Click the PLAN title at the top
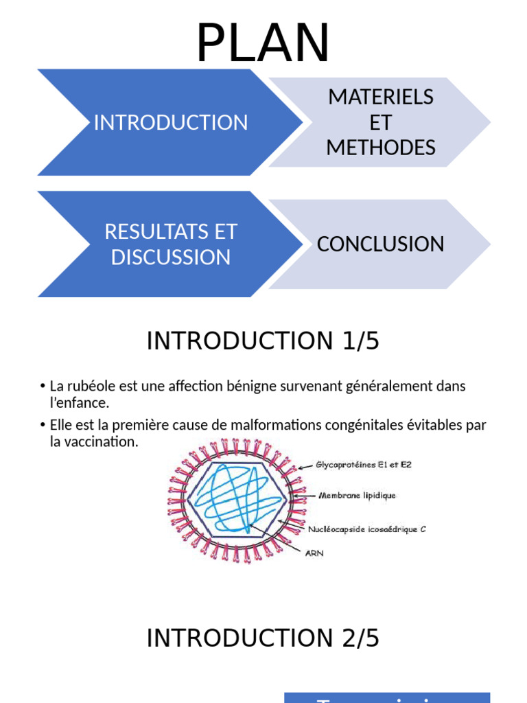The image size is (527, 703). pyautogui.click(x=263, y=43)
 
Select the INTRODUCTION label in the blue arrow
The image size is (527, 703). pyautogui.click(x=170, y=123)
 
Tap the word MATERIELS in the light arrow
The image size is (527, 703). pyautogui.click(x=381, y=97)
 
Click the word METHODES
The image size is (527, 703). pyautogui.click(x=381, y=148)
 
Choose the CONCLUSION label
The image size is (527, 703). pyautogui.click(x=380, y=244)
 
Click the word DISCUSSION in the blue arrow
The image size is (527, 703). pyautogui.click(x=170, y=257)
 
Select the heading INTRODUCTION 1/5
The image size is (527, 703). pyautogui.click(x=263, y=341)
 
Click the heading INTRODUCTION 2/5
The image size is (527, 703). pyautogui.click(x=263, y=638)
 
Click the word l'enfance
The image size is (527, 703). pyautogui.click(x=80, y=402)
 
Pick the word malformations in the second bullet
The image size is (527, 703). pyautogui.click(x=273, y=425)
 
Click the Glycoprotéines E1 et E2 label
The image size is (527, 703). pyautogui.click(x=364, y=465)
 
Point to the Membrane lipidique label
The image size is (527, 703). pyautogui.click(x=356, y=494)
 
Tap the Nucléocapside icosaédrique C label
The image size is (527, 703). pyautogui.click(x=367, y=529)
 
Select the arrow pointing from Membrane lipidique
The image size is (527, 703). pyautogui.click(x=305, y=494)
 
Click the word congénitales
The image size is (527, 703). pyautogui.click(x=363, y=425)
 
